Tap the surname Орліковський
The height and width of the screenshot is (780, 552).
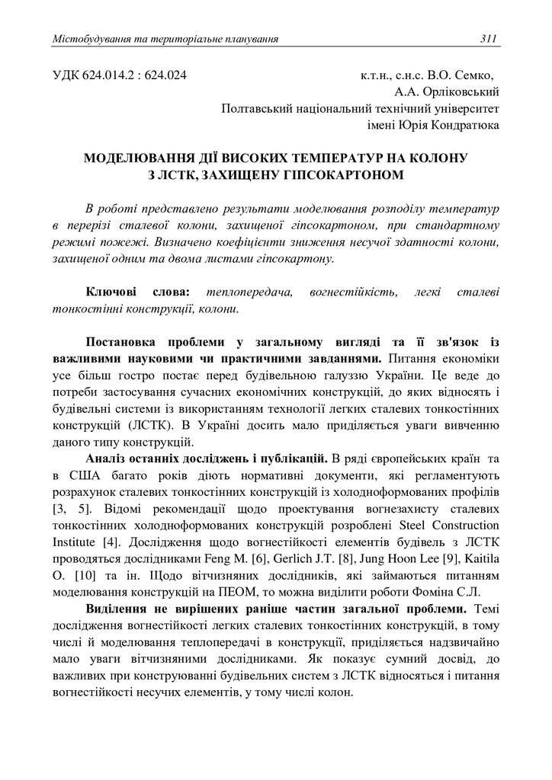(x=460, y=92)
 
